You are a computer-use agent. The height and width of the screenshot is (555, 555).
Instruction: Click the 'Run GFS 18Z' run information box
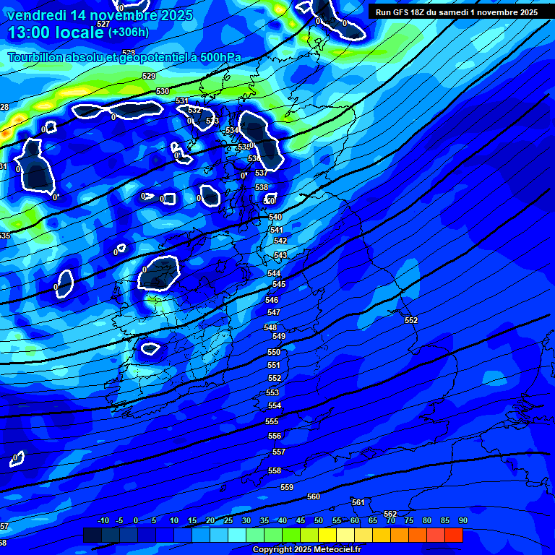[456, 12]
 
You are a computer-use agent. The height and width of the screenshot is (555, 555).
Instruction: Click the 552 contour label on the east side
[411, 320]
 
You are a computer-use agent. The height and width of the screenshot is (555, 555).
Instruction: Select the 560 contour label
[314, 496]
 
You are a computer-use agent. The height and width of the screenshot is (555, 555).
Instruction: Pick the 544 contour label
[274, 273]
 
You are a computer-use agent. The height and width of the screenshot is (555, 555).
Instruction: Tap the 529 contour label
[150, 76]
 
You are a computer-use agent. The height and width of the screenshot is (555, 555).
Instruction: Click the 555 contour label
[272, 421]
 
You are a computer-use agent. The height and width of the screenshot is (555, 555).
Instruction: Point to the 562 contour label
[390, 514]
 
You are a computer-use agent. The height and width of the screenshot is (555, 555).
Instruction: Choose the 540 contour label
[275, 217]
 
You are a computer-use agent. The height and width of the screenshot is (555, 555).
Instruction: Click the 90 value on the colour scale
[463, 520]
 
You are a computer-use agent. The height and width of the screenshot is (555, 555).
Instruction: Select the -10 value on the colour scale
[102, 520]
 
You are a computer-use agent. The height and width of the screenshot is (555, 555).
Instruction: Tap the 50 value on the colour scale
[319, 520]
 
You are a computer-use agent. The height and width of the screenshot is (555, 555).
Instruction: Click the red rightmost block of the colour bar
[453, 535]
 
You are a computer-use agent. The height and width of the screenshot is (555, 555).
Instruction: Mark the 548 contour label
[270, 327]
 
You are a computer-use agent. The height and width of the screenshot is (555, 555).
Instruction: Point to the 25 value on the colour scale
[228, 520]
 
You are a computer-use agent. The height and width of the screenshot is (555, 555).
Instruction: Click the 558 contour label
[275, 470]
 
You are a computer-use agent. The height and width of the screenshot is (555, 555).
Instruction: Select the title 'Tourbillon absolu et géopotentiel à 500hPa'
[124, 58]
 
